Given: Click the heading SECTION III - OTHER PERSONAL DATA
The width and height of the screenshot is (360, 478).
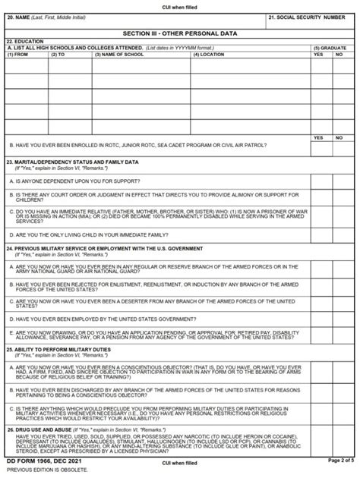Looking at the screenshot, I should [179, 33].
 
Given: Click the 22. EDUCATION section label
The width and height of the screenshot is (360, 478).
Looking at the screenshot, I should [24, 42].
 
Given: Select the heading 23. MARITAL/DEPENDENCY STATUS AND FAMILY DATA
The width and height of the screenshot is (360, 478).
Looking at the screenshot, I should [72, 162].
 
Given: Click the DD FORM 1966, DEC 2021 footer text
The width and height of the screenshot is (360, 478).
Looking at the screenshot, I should [41, 461].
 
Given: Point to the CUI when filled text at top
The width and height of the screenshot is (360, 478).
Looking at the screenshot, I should [179, 5].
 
